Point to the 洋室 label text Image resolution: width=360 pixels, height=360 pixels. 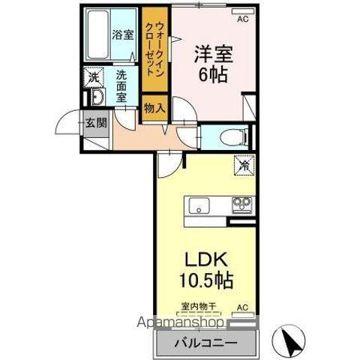pyautogui.click(x=212, y=54)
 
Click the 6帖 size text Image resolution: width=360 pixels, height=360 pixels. pyautogui.click(x=212, y=74)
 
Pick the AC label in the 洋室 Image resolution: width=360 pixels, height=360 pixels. pyautogui.click(x=242, y=20)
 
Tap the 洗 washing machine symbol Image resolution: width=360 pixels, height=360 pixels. pyautogui.click(x=94, y=76)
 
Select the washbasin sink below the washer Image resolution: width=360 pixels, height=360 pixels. pyautogui.click(x=97, y=98)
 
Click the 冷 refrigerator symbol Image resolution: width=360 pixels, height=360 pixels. pyautogui.click(x=245, y=165)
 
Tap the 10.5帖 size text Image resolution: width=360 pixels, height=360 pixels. pyautogui.click(x=206, y=282)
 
